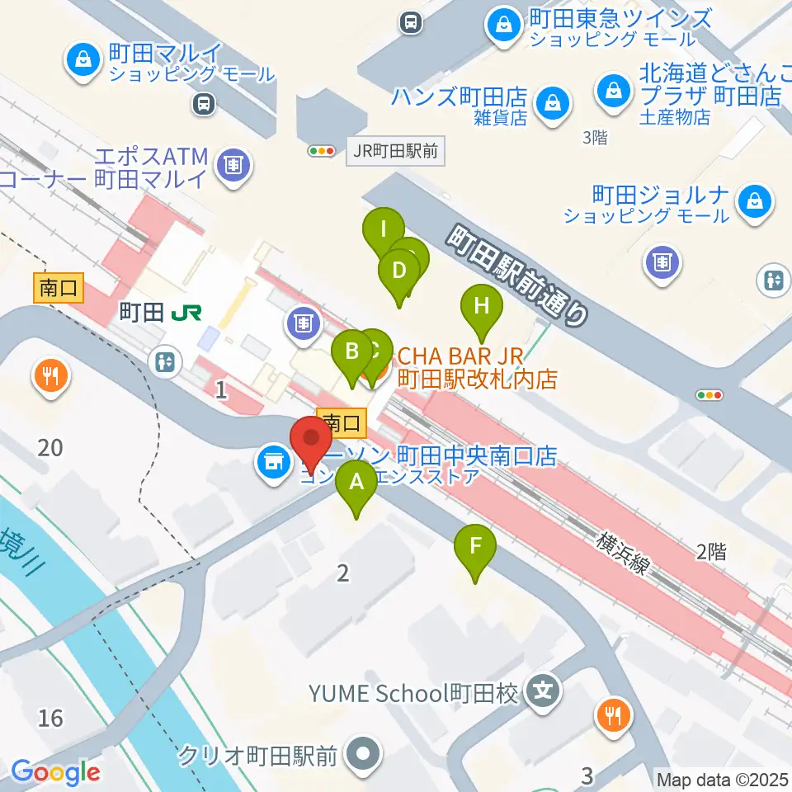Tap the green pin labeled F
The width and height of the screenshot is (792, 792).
tap(475, 546)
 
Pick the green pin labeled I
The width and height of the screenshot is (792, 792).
tap(383, 228)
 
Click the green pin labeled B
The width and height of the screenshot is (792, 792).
tap(352, 352)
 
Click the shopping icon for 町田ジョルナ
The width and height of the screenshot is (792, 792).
tap(754, 200)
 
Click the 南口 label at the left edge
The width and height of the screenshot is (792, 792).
tap(59, 288)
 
